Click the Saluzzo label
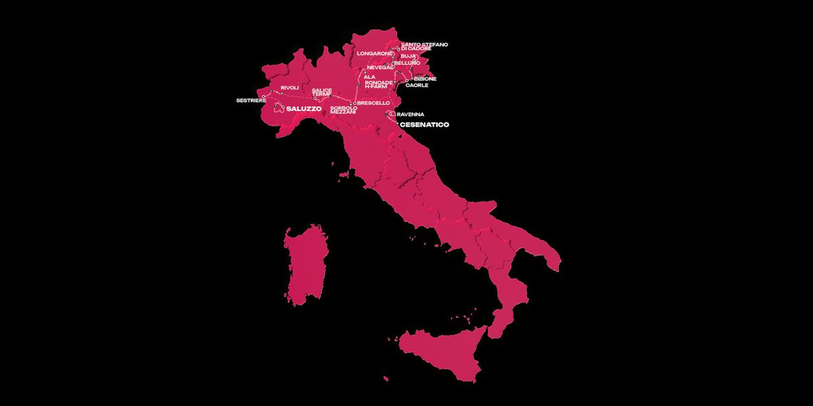304,108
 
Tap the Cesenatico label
424,125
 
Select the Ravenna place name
410,114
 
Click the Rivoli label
289,88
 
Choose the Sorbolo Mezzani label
343,110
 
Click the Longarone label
375,53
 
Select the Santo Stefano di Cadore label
424,46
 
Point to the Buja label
408,56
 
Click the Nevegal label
380,67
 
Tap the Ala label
369,77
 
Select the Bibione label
425,79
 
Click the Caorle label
417,85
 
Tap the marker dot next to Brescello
354,104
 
